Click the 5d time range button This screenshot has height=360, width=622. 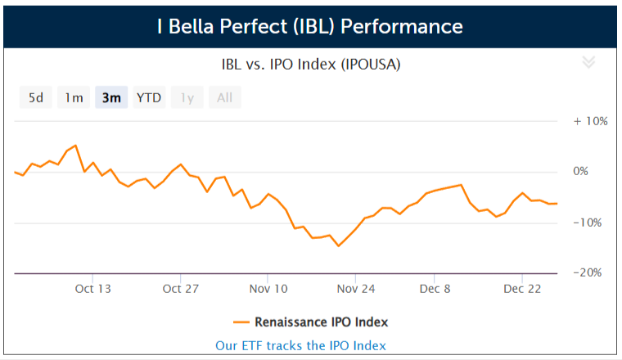point(36,97)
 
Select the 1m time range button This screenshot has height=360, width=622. point(74,97)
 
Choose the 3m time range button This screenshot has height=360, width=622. point(111,97)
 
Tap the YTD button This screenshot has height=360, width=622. point(149,97)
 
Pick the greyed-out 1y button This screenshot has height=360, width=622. point(187,97)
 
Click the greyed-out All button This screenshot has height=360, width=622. point(225,97)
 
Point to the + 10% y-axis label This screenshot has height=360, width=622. point(590,121)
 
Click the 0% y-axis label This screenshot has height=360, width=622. point(581,171)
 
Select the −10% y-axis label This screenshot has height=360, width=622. point(588,223)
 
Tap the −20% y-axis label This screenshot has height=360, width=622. point(588,272)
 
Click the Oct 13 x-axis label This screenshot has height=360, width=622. point(92,289)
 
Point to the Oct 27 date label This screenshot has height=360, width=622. point(181,289)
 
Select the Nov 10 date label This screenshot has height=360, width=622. point(268,289)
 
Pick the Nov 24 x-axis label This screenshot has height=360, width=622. point(356,289)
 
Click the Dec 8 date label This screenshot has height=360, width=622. point(435,289)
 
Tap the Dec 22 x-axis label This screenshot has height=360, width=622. point(522,289)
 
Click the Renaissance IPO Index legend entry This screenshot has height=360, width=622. point(311,322)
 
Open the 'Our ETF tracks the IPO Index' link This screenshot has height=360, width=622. point(300,346)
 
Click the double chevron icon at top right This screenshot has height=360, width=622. point(588,62)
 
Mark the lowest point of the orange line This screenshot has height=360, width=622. point(338,246)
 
